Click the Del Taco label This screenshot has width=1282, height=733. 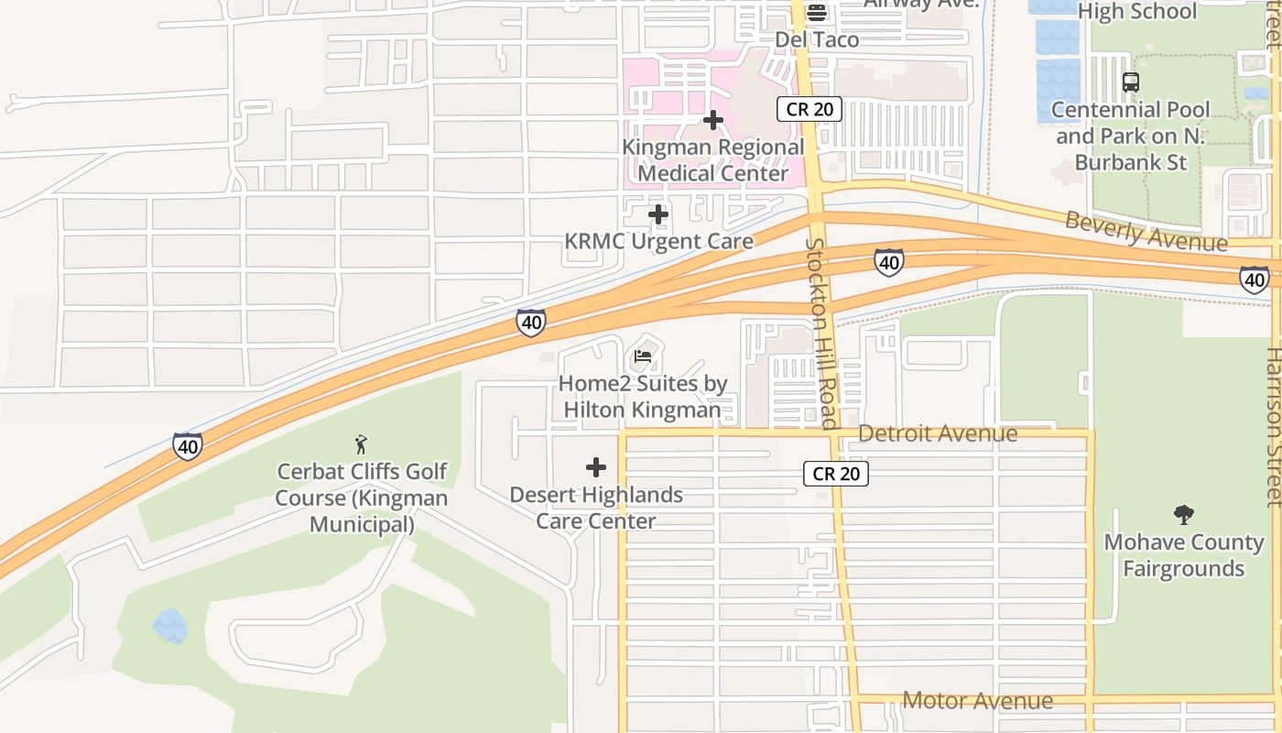point(817,39)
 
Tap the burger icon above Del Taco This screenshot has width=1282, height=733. point(817,12)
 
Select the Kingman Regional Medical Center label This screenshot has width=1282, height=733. point(712,160)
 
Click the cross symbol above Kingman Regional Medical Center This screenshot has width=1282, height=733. point(713,120)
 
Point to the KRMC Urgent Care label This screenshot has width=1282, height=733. point(658,241)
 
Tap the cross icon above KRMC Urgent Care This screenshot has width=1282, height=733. point(658,215)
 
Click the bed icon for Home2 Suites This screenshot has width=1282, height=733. point(643,356)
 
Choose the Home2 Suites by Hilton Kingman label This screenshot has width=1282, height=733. point(643,397)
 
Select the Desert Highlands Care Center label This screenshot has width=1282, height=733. point(596,508)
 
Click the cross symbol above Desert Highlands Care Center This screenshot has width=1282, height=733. point(596,468)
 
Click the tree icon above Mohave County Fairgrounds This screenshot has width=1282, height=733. point(1184,515)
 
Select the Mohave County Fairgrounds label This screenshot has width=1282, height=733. point(1184,555)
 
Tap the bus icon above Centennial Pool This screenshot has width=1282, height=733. point(1131,82)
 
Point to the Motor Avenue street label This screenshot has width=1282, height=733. point(977,701)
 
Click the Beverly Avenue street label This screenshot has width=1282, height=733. point(1146,231)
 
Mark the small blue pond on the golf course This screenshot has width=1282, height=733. point(170,626)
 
